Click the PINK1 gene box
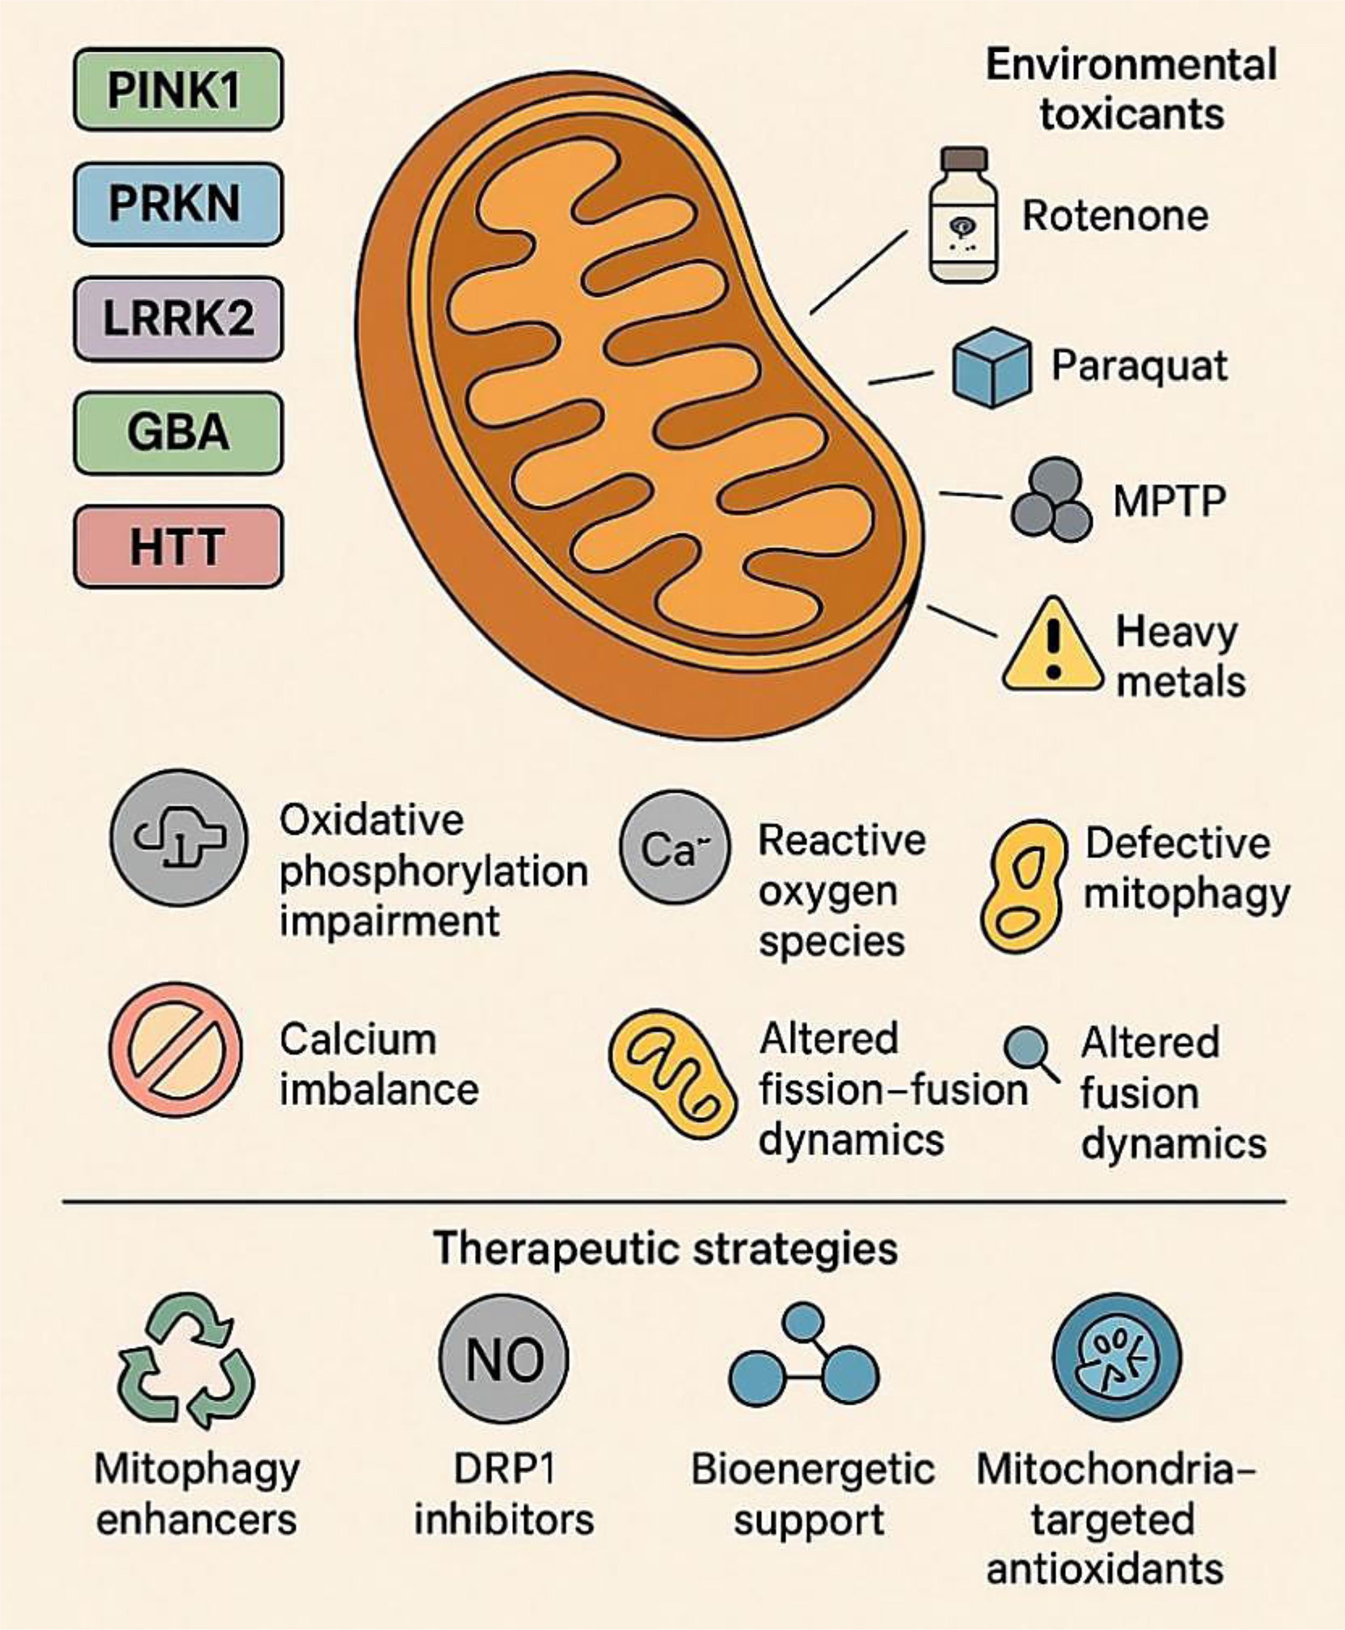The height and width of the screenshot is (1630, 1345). pyautogui.click(x=178, y=89)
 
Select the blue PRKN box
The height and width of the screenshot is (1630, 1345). pyautogui.click(x=178, y=204)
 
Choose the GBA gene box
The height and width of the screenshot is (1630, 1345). pyautogui.click(x=178, y=432)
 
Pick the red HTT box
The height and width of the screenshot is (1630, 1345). pyautogui.click(x=178, y=546)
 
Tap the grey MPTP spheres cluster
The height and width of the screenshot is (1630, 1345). pyautogui.click(x=1051, y=501)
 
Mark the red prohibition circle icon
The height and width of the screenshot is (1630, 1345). pyautogui.click(x=176, y=1050)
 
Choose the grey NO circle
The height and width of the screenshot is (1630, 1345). pyautogui.click(x=504, y=1358)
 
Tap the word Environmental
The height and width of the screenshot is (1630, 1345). pyautogui.click(x=1131, y=65)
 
